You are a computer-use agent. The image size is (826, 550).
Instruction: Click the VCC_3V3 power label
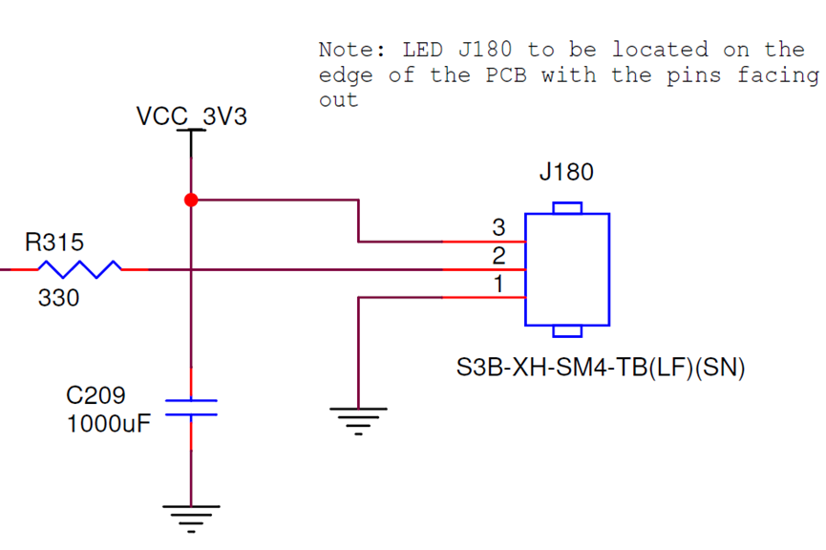192,117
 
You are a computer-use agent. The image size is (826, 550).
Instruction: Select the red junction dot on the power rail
191,200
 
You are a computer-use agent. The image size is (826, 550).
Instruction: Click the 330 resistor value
58,299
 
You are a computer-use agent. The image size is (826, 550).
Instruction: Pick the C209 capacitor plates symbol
191,408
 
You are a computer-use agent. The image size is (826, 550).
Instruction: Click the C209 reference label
95,395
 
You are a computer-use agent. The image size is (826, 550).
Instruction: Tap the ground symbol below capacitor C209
191,517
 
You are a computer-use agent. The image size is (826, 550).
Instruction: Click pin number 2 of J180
498,256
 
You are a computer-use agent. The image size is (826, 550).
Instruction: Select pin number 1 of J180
498,285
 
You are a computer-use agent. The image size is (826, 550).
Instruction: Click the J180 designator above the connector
566,173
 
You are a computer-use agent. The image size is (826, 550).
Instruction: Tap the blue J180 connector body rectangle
567,269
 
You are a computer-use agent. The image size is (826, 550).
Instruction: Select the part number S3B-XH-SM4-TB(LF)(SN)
600,368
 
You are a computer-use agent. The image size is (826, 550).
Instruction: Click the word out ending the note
338,100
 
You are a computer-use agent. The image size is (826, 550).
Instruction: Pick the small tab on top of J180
567,207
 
